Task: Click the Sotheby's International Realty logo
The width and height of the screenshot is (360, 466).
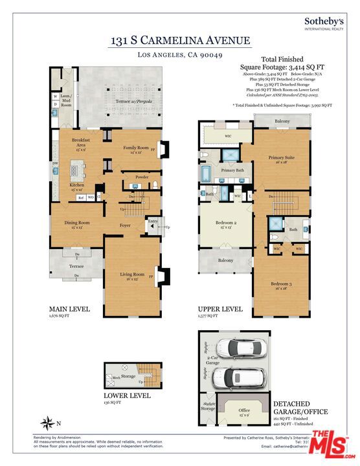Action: [x=324, y=25]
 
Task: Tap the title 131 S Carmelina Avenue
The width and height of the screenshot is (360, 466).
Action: [x=179, y=41]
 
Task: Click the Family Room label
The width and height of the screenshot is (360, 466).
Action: [x=137, y=150]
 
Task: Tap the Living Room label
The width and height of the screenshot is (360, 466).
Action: [x=132, y=276]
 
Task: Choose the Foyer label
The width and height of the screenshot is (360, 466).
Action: [x=126, y=225]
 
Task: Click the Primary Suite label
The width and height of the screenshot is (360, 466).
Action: [x=282, y=159]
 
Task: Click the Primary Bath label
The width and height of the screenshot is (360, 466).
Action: [x=231, y=170]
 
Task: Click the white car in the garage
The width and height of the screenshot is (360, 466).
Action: [x=238, y=376]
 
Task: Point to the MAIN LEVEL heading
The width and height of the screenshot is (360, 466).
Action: [x=69, y=310]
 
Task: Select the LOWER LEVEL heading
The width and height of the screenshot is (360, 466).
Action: [x=128, y=395]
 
